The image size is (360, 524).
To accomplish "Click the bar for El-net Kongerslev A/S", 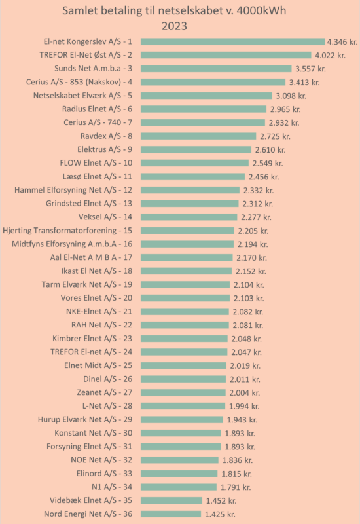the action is tap(233, 41).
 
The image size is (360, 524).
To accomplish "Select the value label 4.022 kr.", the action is tap(331, 55).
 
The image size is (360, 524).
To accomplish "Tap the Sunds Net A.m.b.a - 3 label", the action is tap(93, 69).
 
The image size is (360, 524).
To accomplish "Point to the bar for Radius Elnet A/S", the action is tap(204, 109).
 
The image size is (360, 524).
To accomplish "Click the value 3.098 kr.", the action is tap(291, 96).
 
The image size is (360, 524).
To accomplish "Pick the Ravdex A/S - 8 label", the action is tap(106, 136).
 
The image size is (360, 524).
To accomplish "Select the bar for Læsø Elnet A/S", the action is tap(192, 176).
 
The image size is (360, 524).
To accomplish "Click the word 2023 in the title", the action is tap(174, 26).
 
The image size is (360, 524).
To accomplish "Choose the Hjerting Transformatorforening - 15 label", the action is tap(67, 231).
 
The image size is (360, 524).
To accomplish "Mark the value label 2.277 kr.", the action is tap(256, 217).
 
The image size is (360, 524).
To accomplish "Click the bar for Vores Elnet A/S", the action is tap(185, 298).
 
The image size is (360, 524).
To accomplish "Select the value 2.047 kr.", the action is tap(247, 352).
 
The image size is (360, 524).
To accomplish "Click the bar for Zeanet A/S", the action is tap(183, 392).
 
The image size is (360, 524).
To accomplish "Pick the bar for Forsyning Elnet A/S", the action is tap(181, 447).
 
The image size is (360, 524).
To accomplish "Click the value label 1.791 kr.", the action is tap(236, 487).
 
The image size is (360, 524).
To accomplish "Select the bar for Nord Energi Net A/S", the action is tap(171, 514).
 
